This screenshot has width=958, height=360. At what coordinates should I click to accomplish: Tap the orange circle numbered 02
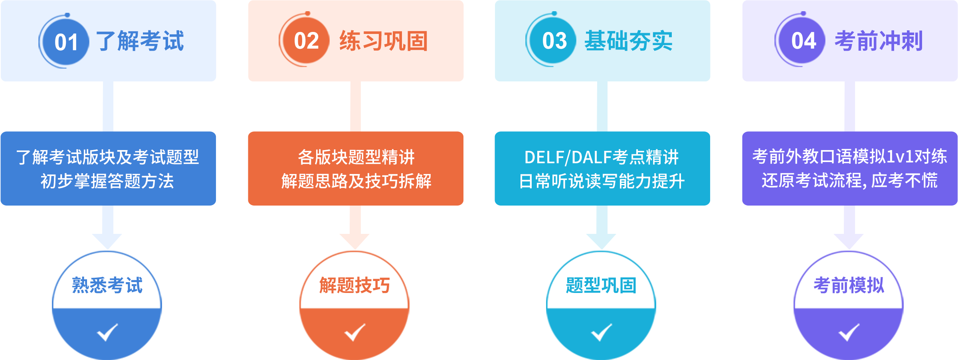point(306,41)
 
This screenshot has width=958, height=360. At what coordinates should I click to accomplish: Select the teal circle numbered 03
point(554,41)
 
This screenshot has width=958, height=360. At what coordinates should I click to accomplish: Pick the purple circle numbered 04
point(803,41)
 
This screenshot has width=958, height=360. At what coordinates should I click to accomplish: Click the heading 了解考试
point(140,41)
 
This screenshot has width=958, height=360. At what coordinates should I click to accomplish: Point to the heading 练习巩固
point(383,41)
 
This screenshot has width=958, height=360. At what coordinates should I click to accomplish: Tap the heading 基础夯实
point(628,41)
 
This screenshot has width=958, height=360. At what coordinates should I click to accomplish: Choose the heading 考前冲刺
point(878,41)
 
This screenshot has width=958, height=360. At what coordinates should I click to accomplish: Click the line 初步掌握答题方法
point(107,181)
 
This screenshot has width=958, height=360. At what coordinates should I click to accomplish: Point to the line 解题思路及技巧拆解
point(356,181)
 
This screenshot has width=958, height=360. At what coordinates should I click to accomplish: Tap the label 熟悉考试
point(107,285)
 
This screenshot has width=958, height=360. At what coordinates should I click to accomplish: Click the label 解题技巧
point(354,285)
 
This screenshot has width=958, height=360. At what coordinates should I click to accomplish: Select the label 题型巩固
point(601,285)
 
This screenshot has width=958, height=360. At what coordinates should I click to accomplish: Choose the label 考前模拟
point(849,285)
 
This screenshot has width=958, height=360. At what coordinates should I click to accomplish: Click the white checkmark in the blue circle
point(107,332)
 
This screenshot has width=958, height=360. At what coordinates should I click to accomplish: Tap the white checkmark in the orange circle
point(354,332)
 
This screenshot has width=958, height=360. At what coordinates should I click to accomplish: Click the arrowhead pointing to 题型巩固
point(601,241)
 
